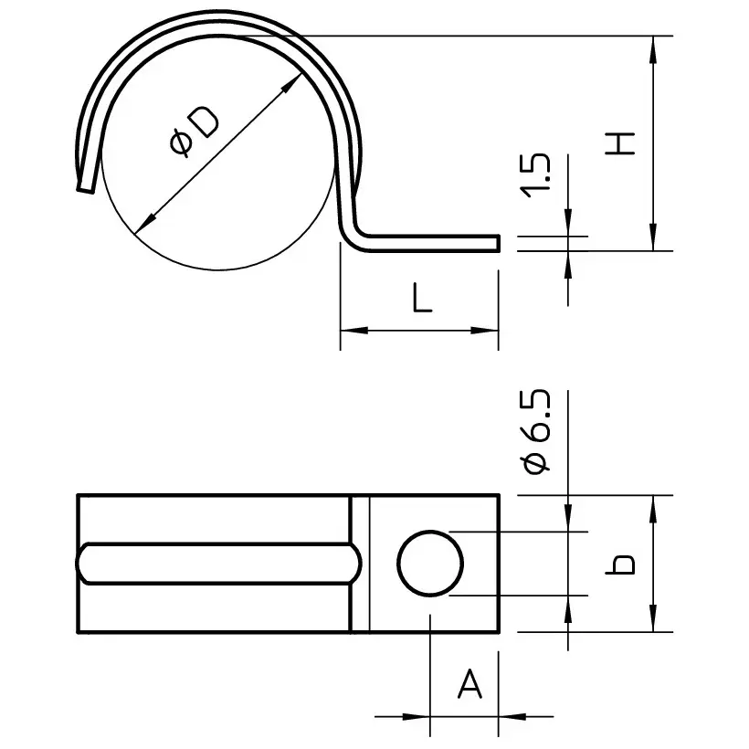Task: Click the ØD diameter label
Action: point(194,132)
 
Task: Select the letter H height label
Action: point(621,142)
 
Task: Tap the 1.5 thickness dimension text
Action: point(539,174)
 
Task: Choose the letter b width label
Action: point(622,564)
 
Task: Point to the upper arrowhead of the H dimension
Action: point(653,46)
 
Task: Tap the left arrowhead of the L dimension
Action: point(350,331)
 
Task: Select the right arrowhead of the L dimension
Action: point(490,331)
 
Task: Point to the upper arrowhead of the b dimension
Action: point(653,505)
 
